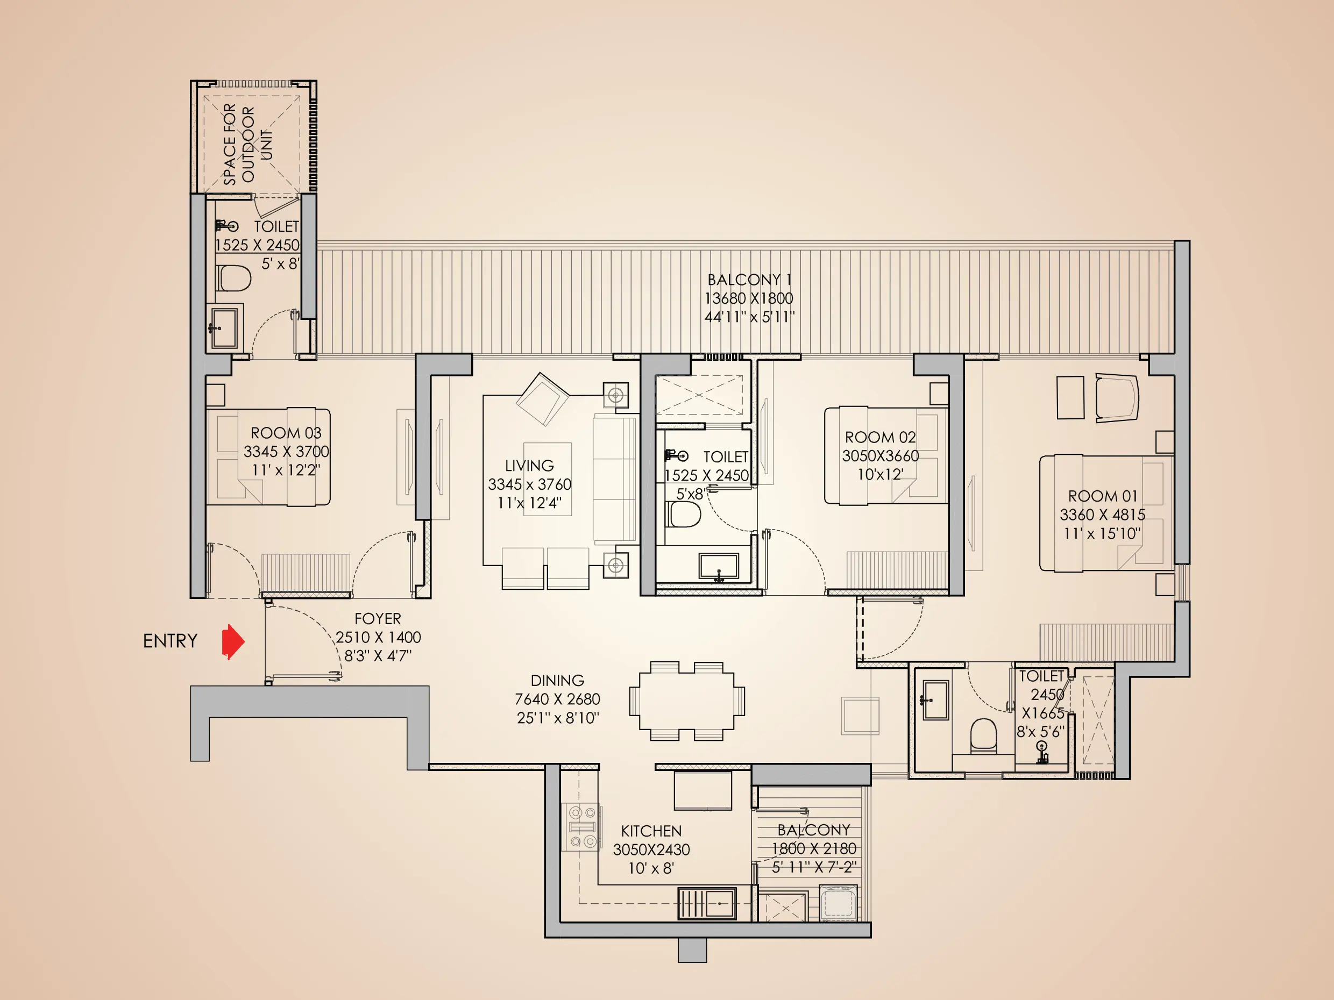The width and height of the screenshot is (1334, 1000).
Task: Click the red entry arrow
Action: (233, 641)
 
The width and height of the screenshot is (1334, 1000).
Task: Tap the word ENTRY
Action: (170, 641)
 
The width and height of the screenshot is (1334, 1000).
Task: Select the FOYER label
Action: (378, 619)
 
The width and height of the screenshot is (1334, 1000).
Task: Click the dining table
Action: (686, 701)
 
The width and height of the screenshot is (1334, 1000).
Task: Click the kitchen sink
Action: (707, 903)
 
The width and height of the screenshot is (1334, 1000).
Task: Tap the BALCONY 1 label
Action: (748, 280)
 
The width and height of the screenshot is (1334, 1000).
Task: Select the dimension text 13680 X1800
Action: (748, 298)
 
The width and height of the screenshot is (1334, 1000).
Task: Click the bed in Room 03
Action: (268, 457)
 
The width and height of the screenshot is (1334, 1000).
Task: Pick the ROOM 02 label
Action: (880, 437)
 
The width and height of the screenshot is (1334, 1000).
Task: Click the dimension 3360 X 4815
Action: (1102, 515)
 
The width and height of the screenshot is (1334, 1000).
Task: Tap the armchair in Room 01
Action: (1116, 397)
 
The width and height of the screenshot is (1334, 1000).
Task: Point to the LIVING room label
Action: (529, 466)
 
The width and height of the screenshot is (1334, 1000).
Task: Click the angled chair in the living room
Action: (542, 398)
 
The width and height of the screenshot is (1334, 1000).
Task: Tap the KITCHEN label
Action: (651, 831)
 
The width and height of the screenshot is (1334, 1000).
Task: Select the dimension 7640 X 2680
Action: (557, 699)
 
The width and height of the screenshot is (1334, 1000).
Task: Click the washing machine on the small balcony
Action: (838, 902)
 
